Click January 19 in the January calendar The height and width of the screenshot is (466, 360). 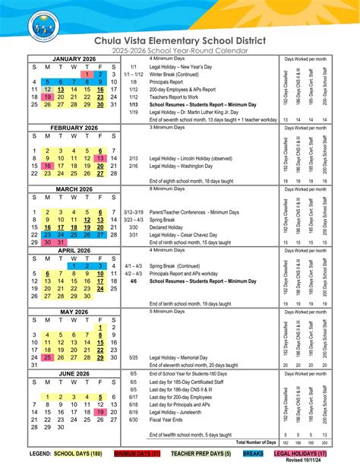pos(48,97)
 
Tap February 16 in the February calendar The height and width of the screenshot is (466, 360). pos(48,165)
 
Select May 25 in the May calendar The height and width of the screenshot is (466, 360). pos(48,357)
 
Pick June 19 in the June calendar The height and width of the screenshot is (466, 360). pos(100,411)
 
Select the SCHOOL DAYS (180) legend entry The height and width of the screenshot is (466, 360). pos(78,453)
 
